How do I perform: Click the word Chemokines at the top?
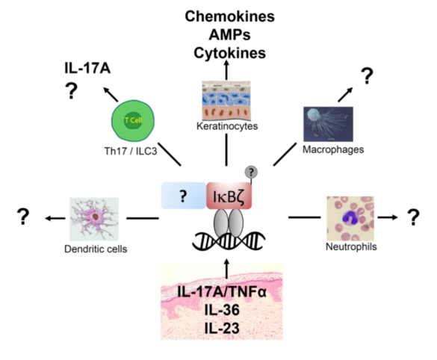[x=229, y=16]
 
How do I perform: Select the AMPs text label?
[x=229, y=34]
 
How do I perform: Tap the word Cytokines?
[x=229, y=53]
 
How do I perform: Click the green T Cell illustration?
[x=133, y=121]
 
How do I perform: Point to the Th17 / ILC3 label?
[x=131, y=151]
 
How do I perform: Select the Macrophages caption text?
[x=333, y=149]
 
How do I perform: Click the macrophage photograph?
[x=328, y=124]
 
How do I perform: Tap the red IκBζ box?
[x=229, y=196]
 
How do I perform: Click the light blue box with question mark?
[x=183, y=196]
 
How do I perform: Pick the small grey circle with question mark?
[x=251, y=173]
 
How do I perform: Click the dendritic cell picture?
[x=94, y=220]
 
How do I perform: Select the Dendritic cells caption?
[x=96, y=249]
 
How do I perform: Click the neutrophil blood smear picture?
[x=350, y=218]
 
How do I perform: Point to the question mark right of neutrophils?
[x=413, y=217]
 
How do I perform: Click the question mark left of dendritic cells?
[x=23, y=217]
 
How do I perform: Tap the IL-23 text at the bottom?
[x=222, y=328]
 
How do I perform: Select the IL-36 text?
[x=222, y=309]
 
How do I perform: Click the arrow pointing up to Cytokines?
[x=226, y=70]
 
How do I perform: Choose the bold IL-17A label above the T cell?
[x=87, y=68]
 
